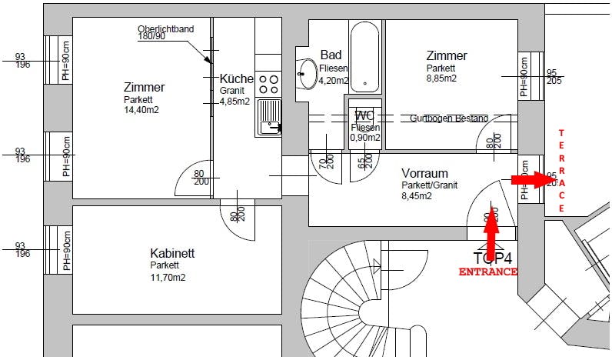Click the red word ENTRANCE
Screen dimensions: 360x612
487,272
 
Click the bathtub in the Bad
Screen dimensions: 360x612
364,57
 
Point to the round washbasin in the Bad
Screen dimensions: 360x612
308,74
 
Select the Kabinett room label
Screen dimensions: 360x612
172,253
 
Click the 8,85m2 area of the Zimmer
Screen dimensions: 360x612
442,78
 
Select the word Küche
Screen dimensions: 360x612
236,79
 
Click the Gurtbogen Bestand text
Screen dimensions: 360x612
448,118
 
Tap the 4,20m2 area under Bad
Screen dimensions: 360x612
334,79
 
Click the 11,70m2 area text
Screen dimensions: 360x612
168,278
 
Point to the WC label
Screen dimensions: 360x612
364,115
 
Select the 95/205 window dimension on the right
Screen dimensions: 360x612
551,77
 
